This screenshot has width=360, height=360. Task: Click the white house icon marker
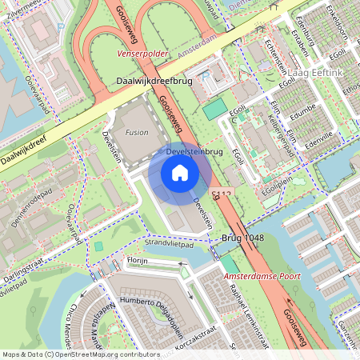tap(180, 172)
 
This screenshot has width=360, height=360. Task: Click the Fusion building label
tap(136, 132)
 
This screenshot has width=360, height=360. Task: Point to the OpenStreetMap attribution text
tap(81, 354)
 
